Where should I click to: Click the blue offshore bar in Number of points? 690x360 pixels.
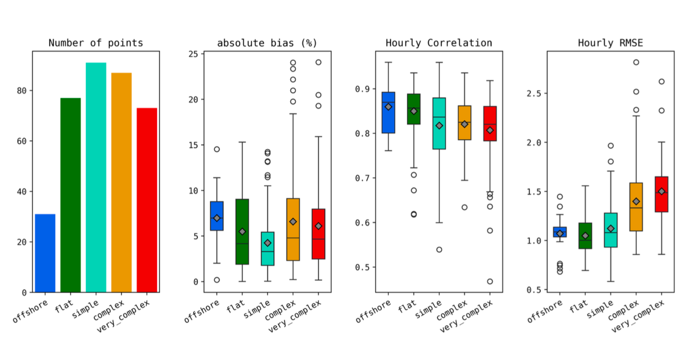pos(45,253)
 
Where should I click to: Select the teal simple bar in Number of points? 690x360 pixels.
pos(96,178)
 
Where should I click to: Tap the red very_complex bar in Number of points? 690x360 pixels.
pos(147,200)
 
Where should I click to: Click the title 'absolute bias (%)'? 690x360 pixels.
pos(267,43)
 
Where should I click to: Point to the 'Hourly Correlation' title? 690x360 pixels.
pos(438,43)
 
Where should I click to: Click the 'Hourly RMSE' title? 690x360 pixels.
pos(610,43)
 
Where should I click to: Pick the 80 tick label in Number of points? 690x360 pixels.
pos(21,91)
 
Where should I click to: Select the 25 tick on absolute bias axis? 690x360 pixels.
pos(193,54)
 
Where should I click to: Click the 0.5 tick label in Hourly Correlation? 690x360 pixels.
pos(362,267)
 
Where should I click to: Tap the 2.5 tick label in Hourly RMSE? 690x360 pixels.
pos(534,93)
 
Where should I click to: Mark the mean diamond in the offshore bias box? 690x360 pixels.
pos(217,218)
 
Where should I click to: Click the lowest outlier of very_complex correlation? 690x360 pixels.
pos(490,281)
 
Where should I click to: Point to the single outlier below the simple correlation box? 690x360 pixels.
pos(439,249)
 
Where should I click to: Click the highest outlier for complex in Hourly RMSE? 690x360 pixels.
pos(636,62)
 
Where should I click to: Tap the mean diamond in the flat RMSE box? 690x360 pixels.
pos(585,236)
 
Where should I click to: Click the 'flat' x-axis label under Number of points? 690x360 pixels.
pos(64,306)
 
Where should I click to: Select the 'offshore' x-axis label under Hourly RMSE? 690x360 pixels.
pos(545,311)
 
